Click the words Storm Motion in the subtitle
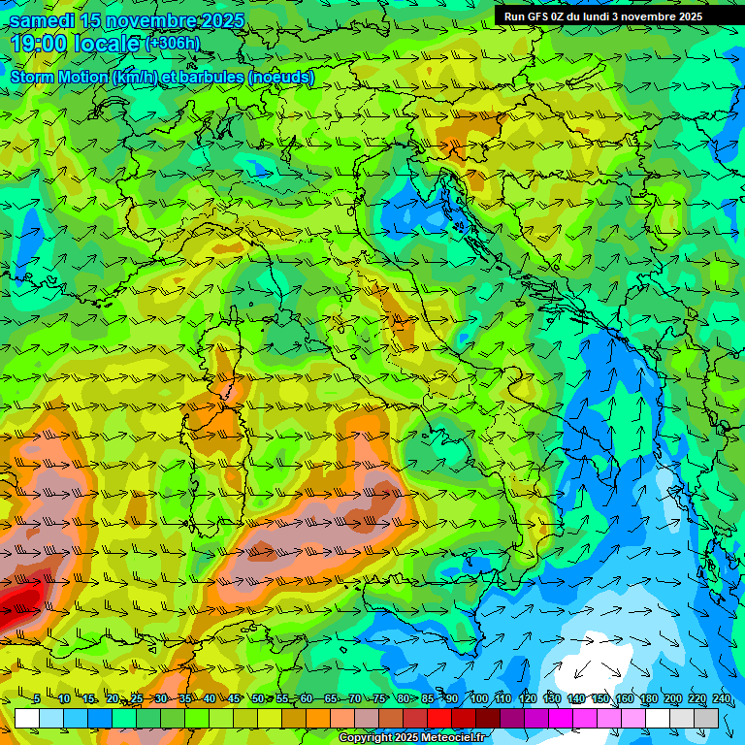tap(58, 77)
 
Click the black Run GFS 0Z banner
tap(602, 16)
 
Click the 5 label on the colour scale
tap(37, 698)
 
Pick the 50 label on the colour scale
tap(258, 698)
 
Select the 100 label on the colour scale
tap(478, 698)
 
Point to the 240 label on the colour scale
tap(721, 698)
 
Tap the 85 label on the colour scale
tap(428, 698)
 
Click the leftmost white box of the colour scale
tap(27, 718)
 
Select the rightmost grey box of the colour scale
tap(706, 718)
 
